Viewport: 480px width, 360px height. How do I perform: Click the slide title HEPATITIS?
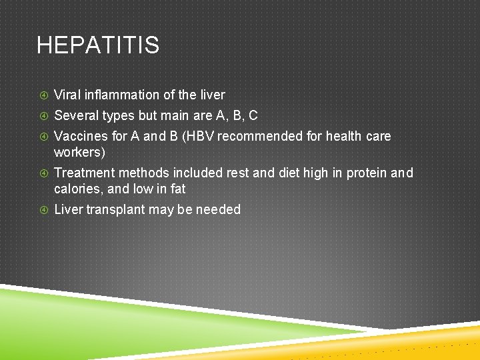pos(98,45)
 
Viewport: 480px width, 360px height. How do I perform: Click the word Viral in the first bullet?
pos(67,95)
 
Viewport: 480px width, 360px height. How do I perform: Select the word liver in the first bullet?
pos(213,95)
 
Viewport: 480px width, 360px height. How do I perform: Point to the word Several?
pos(76,115)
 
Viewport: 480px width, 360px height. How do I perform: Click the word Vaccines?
pos(81,136)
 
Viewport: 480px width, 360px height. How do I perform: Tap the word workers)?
pos(79,152)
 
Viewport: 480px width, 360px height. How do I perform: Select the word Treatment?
pos(84,173)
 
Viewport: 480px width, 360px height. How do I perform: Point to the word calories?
pos(75,189)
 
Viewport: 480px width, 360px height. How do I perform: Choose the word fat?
pos(177,189)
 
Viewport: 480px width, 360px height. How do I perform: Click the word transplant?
pos(117,209)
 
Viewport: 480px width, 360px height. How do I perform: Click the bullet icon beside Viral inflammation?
pos(43,95)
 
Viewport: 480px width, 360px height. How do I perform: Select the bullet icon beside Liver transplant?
pos(43,210)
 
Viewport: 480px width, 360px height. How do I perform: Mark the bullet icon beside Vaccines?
pos(43,137)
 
